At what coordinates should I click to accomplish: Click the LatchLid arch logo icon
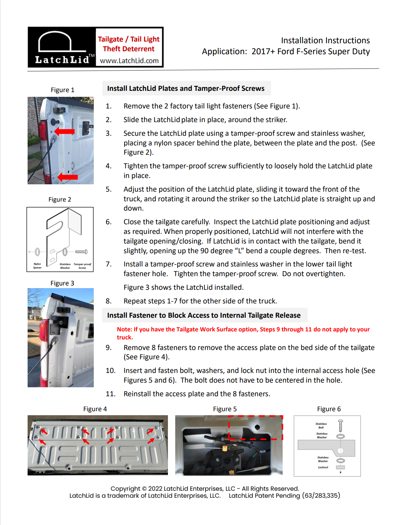pos(55,42)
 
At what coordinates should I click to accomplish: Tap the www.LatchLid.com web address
pos(129,61)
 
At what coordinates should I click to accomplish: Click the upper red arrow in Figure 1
pos(65,131)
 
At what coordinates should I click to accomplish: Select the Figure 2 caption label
pos(60,199)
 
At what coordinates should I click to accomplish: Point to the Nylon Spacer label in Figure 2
pos(37,265)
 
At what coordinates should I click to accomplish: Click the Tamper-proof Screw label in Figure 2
pos(82,265)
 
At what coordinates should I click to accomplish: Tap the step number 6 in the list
pos(108,222)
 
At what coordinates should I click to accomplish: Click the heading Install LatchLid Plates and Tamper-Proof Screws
pos(186,88)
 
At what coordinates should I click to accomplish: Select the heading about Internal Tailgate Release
pos(203,315)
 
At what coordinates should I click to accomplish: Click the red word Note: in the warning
pos(124,329)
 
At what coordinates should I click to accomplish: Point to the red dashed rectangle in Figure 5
pos(255,428)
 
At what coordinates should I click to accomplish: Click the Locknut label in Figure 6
pos(323,467)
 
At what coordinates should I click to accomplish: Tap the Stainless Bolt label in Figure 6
pos(321,426)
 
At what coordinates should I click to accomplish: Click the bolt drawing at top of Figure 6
pos(340,426)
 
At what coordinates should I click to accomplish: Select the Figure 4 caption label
pos(95,409)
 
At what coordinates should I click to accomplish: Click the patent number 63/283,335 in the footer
pos(321,495)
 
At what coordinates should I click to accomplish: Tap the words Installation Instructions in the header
pos(325,41)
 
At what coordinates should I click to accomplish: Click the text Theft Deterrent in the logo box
pos(129,49)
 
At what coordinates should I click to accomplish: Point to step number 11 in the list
pos(110,394)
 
